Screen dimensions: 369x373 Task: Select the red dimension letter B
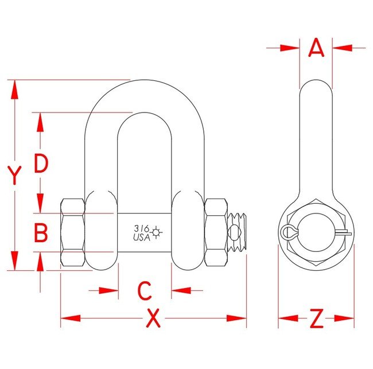click(40, 233)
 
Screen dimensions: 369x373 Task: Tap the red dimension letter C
click(145, 291)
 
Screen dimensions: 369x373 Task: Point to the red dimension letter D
click(40, 164)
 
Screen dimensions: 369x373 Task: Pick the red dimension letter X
click(153, 318)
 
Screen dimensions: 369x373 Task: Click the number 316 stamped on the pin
click(141, 228)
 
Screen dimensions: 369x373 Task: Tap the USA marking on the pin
click(142, 236)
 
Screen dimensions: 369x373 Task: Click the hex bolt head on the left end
click(73, 232)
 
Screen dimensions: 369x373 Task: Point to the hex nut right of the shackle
click(216, 232)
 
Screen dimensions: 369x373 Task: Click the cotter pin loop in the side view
click(288, 232)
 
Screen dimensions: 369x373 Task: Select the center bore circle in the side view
click(316, 232)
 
